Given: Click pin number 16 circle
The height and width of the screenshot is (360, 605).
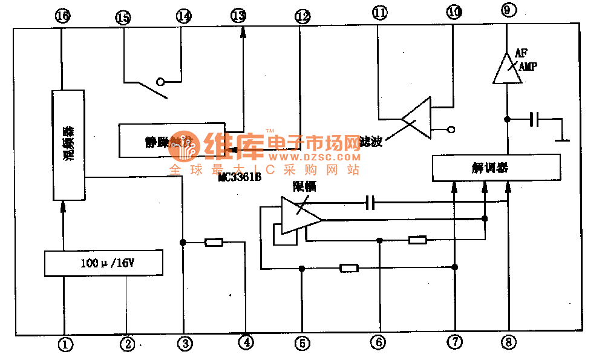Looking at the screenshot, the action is click(x=62, y=16).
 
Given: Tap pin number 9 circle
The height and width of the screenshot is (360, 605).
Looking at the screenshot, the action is click(x=507, y=10).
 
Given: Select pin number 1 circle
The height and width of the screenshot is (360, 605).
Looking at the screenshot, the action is click(x=65, y=344).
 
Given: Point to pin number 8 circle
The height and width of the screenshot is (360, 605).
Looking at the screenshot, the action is click(x=509, y=342).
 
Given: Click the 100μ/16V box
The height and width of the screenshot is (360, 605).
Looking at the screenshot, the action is click(x=104, y=263).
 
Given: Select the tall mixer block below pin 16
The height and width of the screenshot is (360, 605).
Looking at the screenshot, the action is click(x=68, y=145).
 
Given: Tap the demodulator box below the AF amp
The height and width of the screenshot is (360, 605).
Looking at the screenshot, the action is click(x=496, y=168).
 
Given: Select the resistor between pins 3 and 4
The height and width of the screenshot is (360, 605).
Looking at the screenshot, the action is click(x=214, y=243).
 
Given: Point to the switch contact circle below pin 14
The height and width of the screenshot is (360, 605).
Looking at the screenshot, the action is click(x=161, y=82).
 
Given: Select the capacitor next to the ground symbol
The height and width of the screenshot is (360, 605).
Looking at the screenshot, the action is click(x=533, y=120).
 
